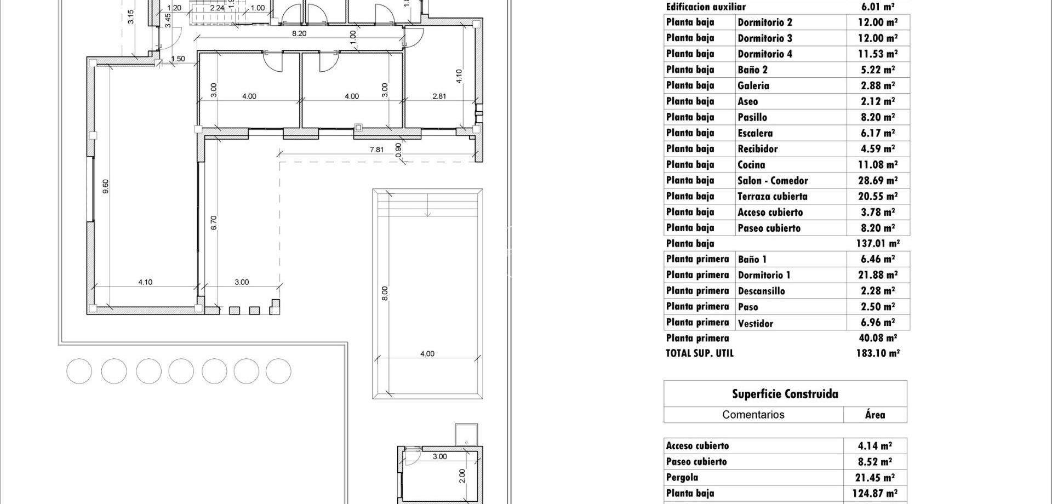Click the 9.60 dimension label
106,186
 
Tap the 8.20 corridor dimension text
299,33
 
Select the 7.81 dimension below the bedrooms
377,150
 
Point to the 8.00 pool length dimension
385,293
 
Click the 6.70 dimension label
214,222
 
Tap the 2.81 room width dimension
439,96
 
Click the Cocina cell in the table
751,165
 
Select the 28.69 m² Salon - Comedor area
878,181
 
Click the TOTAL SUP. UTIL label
700,354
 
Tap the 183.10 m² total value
878,354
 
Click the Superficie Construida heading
785,394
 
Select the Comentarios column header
753,415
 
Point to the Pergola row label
682,478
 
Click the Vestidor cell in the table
756,323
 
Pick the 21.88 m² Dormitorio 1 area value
878,275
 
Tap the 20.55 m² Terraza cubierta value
878,196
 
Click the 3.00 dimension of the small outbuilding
440,457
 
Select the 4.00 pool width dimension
427,354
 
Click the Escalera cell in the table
755,133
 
